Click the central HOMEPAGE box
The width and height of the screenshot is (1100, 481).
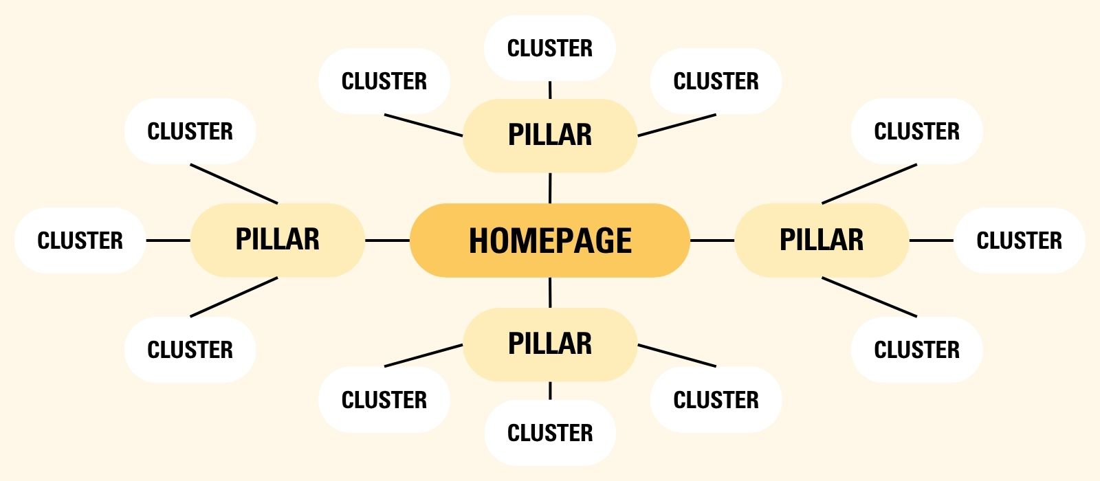[550, 240]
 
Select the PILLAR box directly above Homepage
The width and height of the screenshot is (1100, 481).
[550, 135]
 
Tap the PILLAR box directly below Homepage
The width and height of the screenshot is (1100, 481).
[550, 344]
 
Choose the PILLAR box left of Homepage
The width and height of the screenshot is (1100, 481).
[277, 240]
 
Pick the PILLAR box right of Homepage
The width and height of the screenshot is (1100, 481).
[822, 240]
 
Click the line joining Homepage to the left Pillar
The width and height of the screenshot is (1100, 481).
[387, 240]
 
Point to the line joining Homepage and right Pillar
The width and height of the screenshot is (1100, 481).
[712, 240]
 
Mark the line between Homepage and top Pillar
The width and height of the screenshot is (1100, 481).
[550, 188]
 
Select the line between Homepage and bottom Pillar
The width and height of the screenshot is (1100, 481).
[550, 293]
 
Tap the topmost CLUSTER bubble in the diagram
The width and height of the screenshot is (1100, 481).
[550, 48]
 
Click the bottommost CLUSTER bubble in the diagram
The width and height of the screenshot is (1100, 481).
[550, 433]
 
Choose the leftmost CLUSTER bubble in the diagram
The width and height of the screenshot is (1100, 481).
[80, 240]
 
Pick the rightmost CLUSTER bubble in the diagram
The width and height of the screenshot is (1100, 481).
[1020, 240]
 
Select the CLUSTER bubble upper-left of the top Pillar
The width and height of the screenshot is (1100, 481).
[384, 81]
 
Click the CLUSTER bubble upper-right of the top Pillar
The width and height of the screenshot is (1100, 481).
[716, 81]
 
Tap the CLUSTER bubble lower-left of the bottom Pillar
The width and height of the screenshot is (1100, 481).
[384, 399]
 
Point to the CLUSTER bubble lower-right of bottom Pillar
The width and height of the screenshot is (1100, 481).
[716, 399]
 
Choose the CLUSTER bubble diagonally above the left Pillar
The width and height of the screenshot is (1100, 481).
[190, 131]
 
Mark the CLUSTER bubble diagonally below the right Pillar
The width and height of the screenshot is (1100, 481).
[916, 350]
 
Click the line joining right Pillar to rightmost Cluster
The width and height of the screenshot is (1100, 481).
[932, 240]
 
